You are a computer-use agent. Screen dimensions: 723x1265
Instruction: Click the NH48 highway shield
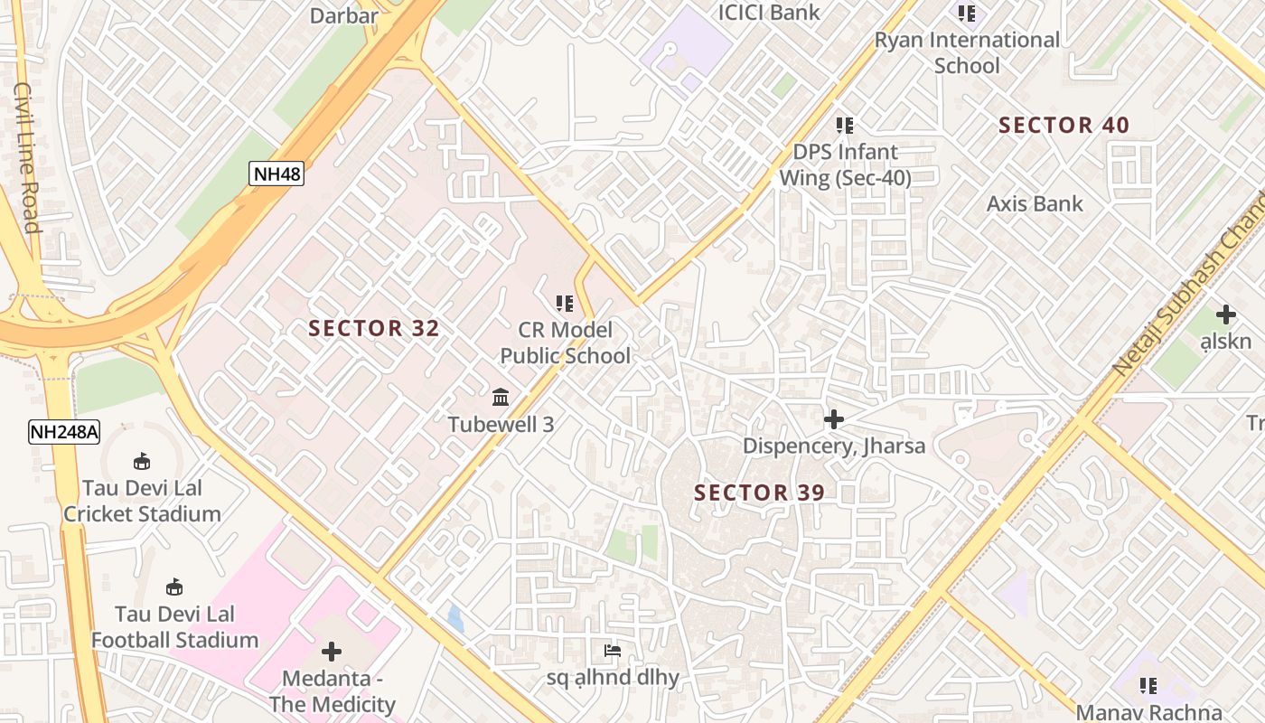276,173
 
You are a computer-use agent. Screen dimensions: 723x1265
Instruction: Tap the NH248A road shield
63,431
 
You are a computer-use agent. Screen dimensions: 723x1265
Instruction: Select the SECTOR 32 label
374,328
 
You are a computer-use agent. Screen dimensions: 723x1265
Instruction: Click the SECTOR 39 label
760,493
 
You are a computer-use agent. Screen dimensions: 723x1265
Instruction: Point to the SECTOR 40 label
1064,126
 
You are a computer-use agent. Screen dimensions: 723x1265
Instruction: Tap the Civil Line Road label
28,158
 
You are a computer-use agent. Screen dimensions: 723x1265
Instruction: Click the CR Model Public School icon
565,304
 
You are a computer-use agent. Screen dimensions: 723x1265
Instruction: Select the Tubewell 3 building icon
501,397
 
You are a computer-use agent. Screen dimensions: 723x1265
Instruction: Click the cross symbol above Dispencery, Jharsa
833,419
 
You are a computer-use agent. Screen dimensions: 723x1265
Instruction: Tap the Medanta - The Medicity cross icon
332,651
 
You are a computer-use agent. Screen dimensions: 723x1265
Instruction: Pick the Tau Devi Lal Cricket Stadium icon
142,462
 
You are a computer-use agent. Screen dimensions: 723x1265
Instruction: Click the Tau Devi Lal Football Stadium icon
174,587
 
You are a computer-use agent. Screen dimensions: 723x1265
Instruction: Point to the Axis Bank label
1035,204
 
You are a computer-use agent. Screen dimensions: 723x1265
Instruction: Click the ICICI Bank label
769,12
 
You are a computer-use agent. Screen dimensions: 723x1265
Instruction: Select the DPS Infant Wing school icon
845,126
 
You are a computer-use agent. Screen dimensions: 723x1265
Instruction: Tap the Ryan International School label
967,52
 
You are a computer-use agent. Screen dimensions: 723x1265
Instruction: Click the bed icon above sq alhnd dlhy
612,651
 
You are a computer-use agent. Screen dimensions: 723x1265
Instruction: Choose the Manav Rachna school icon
1148,686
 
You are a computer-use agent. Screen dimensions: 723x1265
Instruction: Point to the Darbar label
343,15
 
